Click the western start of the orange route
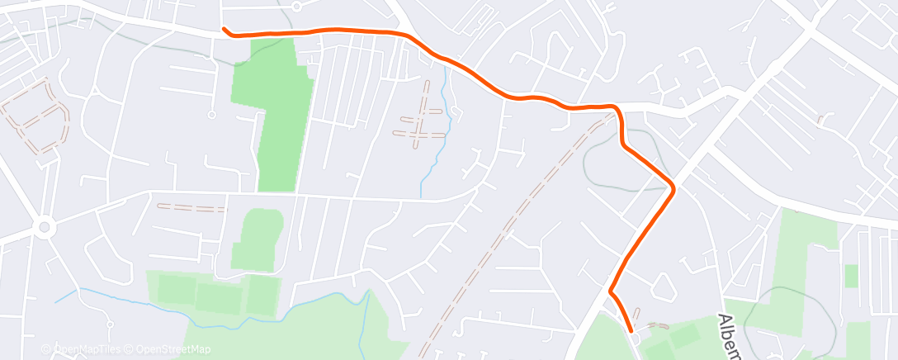click(x=224, y=29)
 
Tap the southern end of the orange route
click(x=632, y=329)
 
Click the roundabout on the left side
click(x=44, y=225)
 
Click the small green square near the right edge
click(x=852, y=275)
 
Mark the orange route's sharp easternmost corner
click(x=673, y=188)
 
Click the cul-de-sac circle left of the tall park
click(x=211, y=115)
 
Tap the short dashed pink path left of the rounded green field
click(x=191, y=207)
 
